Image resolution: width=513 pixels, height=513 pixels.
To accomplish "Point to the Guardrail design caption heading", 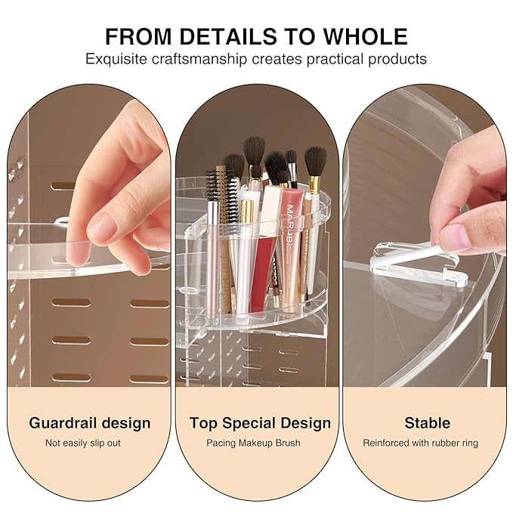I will (x=90, y=422).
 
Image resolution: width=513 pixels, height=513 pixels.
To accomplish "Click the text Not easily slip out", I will (x=83, y=443).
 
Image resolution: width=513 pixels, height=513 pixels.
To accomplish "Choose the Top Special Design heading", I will (x=260, y=422).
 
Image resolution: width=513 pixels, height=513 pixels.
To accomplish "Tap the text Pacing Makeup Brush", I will (x=253, y=443).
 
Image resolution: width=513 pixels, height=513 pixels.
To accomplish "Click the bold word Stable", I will (x=427, y=422).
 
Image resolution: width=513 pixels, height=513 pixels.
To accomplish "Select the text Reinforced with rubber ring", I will (x=420, y=443).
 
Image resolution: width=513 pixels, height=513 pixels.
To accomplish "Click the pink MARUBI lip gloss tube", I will (x=293, y=242).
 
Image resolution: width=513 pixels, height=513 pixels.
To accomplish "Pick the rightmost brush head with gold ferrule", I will (x=315, y=162).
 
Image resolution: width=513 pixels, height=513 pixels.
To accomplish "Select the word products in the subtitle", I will (x=399, y=59).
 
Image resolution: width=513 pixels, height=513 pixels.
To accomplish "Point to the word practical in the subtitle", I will (x=341, y=59).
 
